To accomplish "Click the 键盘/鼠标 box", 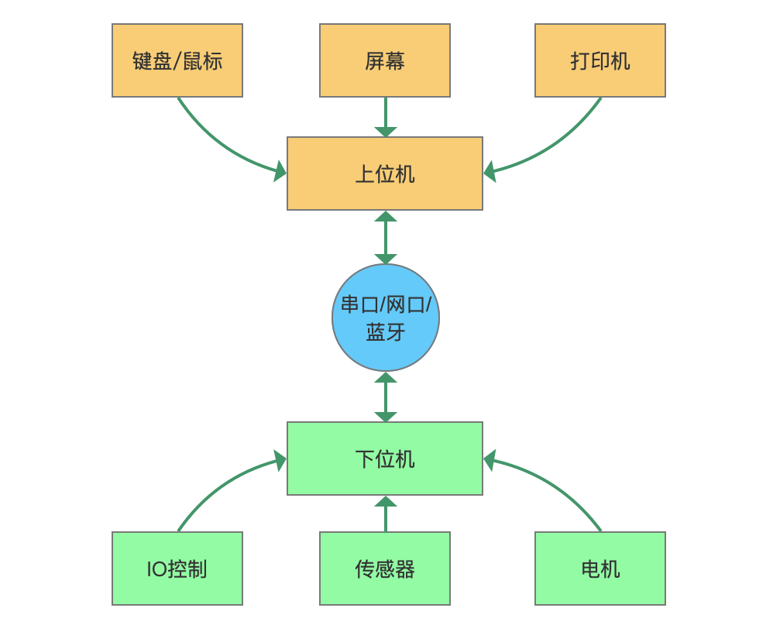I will pos(177,60).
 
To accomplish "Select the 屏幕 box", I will pos(385,60).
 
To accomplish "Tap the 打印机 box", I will pos(600,60).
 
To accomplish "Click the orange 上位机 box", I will pos(385,173).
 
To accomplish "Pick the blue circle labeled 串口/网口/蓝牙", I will pos(386,318).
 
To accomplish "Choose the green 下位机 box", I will pos(385,459).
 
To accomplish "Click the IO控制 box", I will pos(177,568).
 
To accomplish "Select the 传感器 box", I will pos(385,568).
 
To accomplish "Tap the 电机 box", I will pos(600,568).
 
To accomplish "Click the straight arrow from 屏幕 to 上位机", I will pos(386,115).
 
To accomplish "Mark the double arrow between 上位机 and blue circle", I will pos(386,237).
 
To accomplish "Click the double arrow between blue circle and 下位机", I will pos(386,397).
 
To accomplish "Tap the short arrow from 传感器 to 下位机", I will pos(386,516).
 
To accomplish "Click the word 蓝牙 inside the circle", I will pos(386,332).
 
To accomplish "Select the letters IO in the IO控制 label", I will pos(156,569).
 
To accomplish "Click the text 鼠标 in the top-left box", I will pos(202,61).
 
